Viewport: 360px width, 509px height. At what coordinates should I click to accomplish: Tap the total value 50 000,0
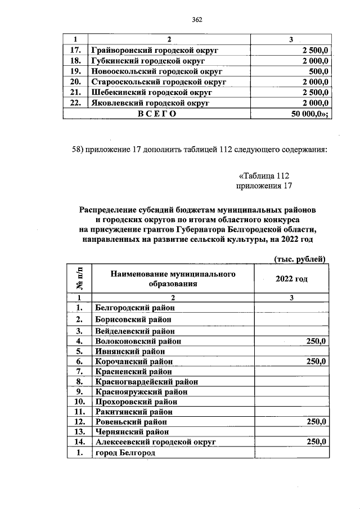(x=309, y=114)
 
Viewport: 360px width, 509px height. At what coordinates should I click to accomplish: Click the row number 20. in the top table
(x=75, y=82)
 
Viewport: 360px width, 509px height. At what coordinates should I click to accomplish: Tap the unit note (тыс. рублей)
(x=300, y=258)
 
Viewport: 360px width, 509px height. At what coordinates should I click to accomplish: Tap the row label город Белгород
(x=125, y=453)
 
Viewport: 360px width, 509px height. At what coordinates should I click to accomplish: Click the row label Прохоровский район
(x=136, y=402)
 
